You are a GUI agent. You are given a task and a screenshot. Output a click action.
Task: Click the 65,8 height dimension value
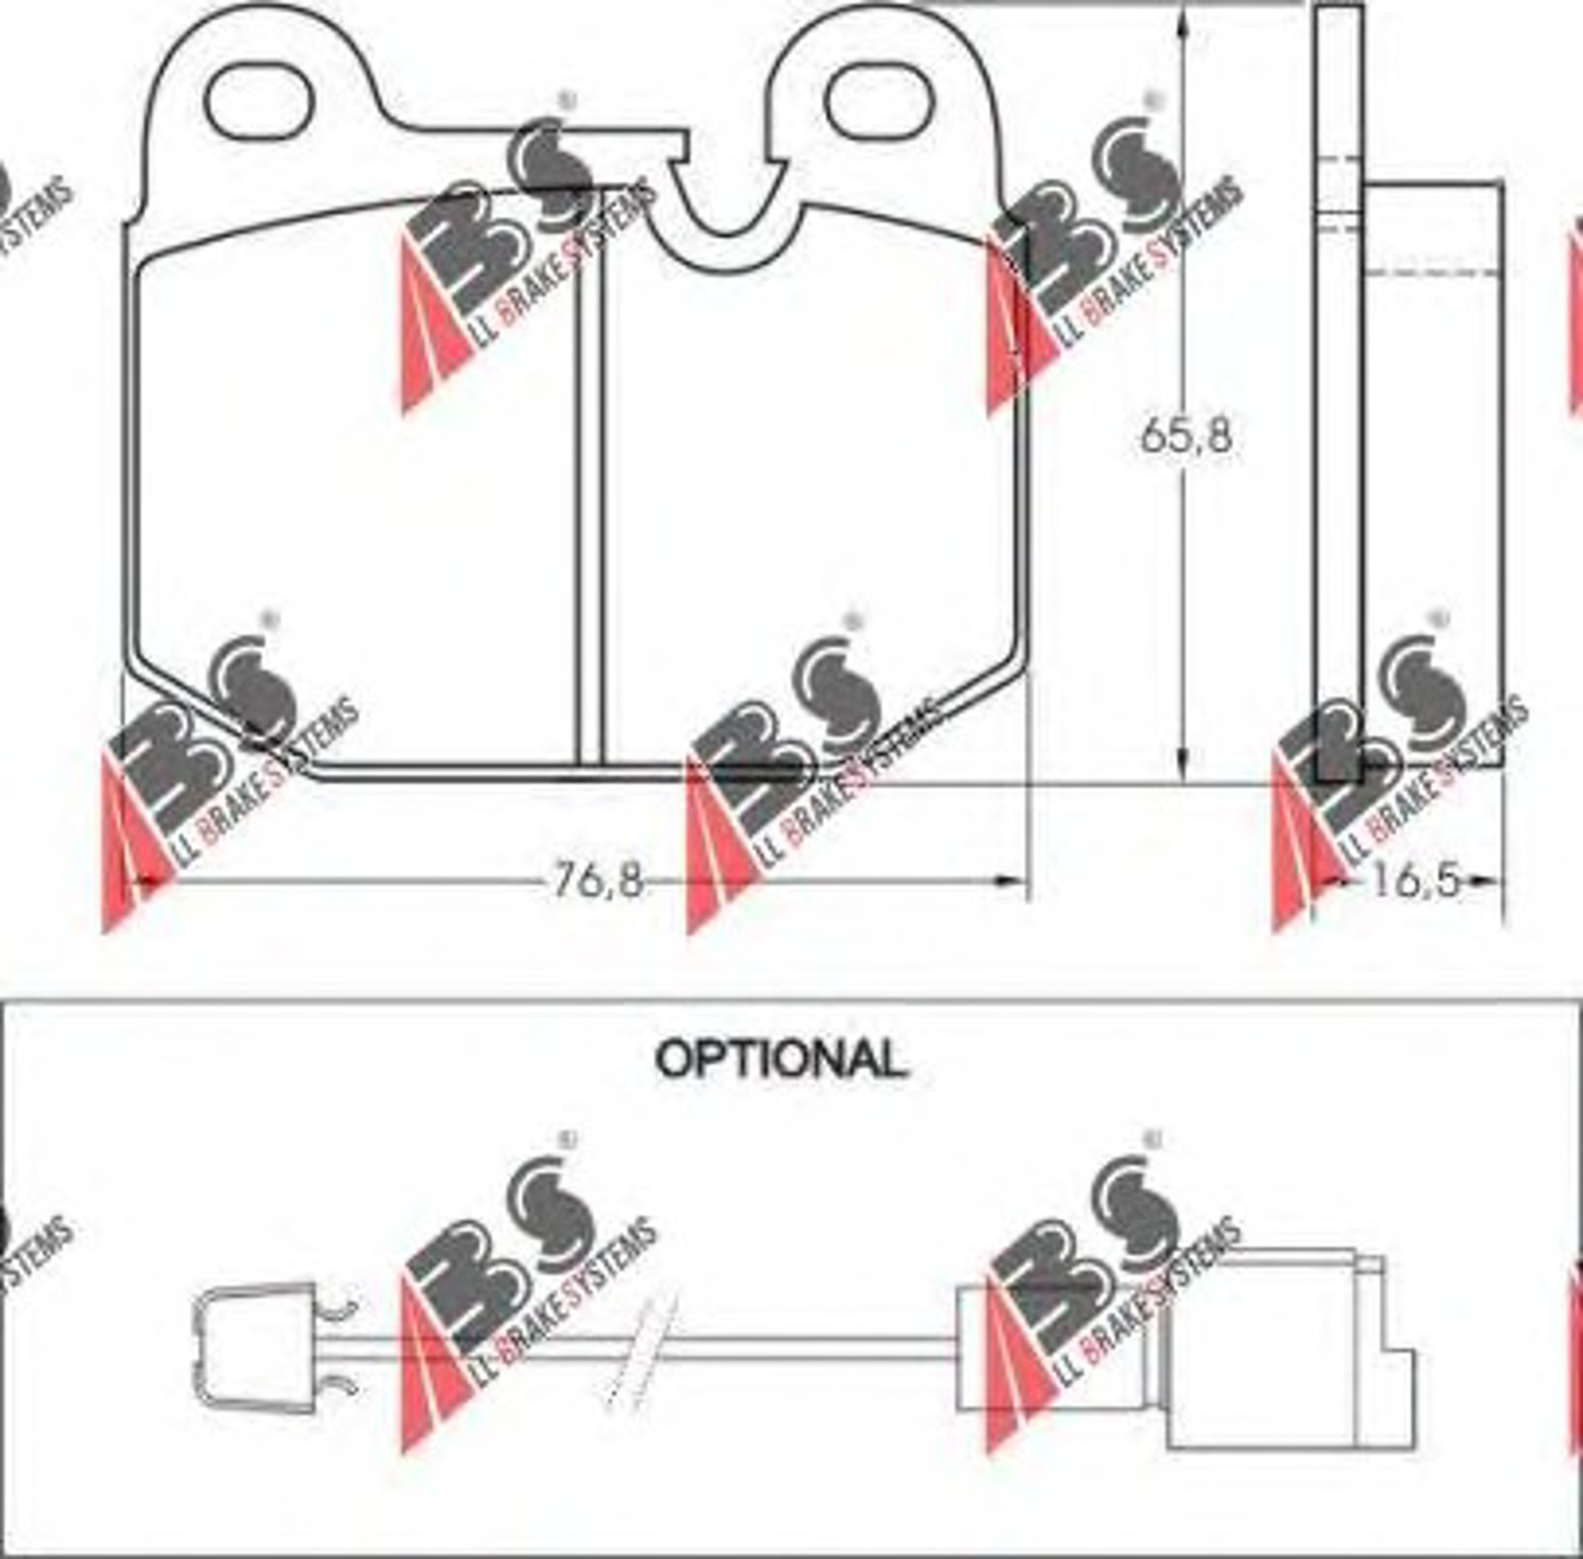[1186, 436]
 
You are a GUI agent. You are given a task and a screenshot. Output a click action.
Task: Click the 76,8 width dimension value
[598, 881]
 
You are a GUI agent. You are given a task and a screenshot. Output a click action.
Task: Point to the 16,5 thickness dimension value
[1416, 882]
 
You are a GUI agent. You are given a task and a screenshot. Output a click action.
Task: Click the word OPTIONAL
[781, 1059]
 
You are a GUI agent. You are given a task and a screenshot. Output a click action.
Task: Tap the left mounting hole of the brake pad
[259, 100]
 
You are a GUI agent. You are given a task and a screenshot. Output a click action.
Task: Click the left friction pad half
[356, 487]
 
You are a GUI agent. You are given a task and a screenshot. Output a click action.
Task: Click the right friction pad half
[814, 487]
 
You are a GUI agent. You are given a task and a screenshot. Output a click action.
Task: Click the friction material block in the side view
[1433, 474]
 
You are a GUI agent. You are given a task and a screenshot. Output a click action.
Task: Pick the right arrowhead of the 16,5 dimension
[1487, 883]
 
